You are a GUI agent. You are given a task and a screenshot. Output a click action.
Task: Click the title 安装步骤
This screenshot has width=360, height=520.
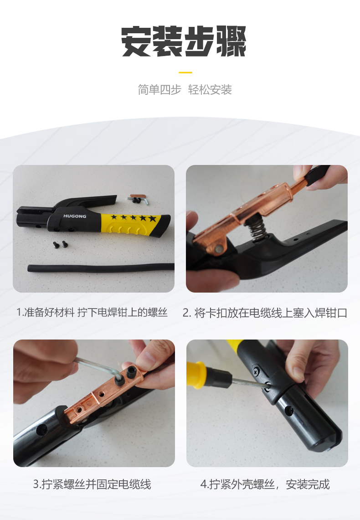click(184, 41)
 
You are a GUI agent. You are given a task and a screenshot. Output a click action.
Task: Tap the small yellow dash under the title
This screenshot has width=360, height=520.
click(185, 72)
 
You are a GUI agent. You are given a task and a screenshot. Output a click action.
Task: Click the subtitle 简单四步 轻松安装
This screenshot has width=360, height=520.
click(185, 90)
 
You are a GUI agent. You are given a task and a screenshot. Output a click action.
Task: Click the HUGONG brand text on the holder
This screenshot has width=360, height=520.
click(74, 216)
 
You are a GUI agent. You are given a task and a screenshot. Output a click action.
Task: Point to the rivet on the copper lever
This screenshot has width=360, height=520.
click(219, 248)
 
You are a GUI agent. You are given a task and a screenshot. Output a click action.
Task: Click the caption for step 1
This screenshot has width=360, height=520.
click(93, 313)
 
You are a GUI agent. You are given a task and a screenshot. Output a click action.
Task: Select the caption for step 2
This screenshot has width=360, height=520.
click(265, 313)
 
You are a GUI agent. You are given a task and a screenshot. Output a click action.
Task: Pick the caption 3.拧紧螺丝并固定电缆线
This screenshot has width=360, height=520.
click(92, 484)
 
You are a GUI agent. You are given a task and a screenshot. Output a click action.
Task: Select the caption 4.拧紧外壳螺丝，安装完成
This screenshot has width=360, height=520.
click(265, 484)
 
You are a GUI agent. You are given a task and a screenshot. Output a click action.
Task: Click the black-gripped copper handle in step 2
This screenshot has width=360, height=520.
click(314, 175)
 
